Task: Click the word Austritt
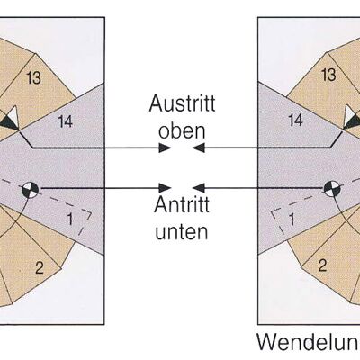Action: (182, 103)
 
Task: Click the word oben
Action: (182, 131)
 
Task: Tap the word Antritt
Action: (182, 205)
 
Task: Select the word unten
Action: (182, 231)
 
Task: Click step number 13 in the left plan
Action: (33, 78)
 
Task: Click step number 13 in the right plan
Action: (328, 75)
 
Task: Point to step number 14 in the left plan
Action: (66, 122)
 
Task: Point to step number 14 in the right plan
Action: (296, 121)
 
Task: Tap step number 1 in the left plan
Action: (70, 220)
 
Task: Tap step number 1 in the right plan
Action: (292, 220)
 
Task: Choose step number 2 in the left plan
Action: (40, 267)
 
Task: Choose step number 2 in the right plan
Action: (322, 265)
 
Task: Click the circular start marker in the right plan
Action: (332, 189)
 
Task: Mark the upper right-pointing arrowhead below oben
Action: (166, 148)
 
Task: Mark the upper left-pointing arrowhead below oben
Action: (199, 148)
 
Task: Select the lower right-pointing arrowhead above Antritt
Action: (166, 188)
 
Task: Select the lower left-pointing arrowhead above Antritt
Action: (199, 188)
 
